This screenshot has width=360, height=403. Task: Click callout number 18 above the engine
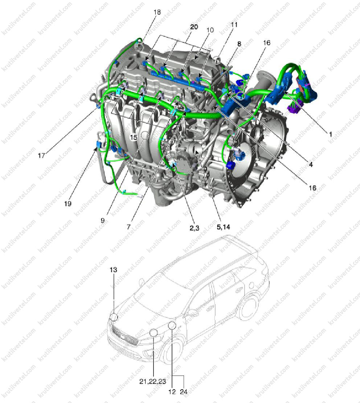click(157, 12)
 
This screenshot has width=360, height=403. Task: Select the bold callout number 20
click(194, 27)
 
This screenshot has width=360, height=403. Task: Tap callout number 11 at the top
click(234, 25)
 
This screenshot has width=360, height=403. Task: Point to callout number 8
click(239, 44)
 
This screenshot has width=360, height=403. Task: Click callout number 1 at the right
click(331, 134)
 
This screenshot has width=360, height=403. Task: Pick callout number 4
click(311, 164)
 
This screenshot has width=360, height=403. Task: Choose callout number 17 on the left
click(41, 156)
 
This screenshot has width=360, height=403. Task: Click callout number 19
click(67, 203)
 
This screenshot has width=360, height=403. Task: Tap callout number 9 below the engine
click(103, 221)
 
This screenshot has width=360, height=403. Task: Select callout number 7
click(128, 227)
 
